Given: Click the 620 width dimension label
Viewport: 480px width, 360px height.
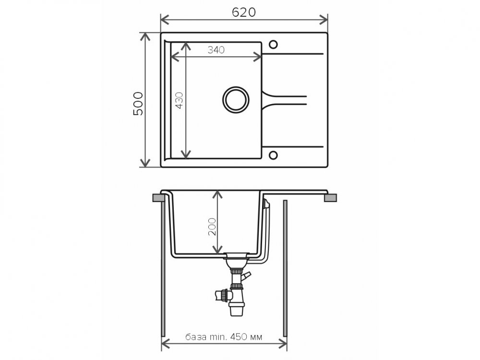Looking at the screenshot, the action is click(x=244, y=12).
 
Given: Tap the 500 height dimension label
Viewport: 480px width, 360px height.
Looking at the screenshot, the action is click(x=138, y=104).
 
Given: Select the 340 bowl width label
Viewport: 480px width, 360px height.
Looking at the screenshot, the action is click(x=216, y=49).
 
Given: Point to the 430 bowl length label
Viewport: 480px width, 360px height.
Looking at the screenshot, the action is click(x=179, y=100).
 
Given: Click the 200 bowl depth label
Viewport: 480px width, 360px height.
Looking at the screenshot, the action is click(x=212, y=227).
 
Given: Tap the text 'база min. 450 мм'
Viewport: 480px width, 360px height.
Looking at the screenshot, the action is click(x=224, y=337).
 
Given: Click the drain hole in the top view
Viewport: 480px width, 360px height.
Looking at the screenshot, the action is click(x=236, y=99).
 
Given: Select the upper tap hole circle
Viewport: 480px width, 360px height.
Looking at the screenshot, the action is click(x=273, y=45).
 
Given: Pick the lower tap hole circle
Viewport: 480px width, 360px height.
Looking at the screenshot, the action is click(x=273, y=155).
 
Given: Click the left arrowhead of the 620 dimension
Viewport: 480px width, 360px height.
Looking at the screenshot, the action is click(x=163, y=20).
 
